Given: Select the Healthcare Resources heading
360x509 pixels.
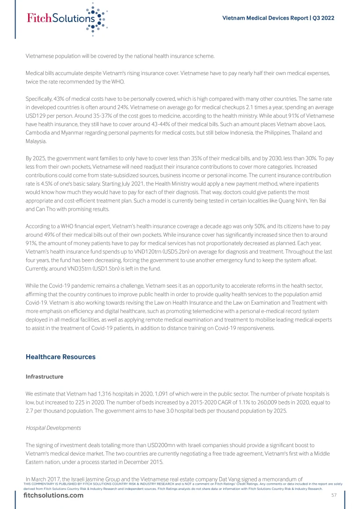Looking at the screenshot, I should click(60, 357).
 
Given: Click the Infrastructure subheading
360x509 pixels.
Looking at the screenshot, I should click(44, 377).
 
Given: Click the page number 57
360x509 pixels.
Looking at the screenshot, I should click(334, 495).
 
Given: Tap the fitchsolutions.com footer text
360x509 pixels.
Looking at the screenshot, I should click(53, 495).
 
